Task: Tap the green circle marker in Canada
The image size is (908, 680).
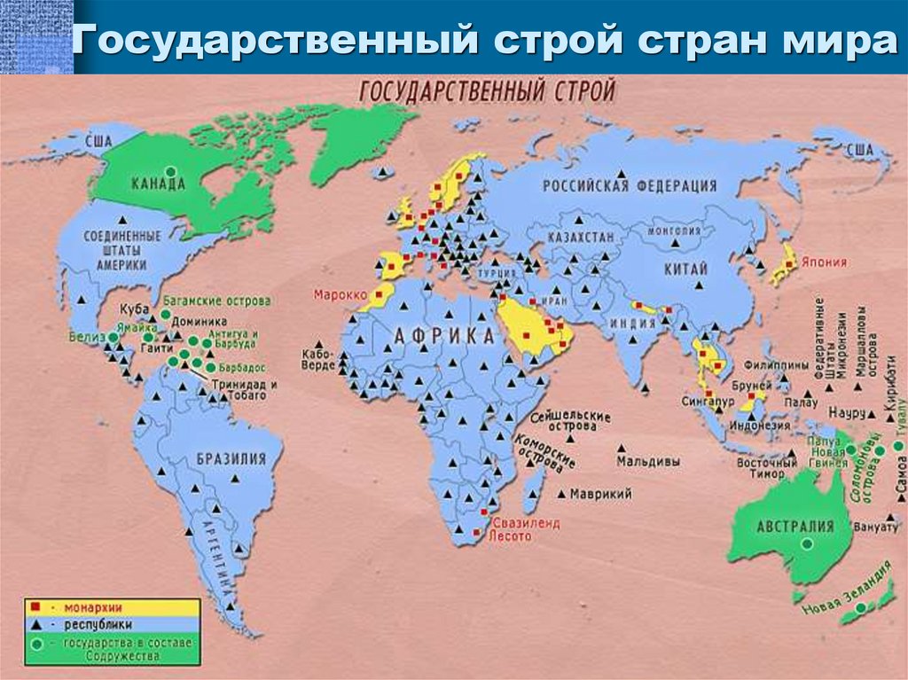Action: [171, 170]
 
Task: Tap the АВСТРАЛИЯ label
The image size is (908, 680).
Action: [795, 526]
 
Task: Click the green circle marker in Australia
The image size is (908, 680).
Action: [804, 547]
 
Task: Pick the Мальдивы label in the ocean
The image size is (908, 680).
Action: [649, 462]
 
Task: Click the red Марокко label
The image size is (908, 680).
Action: [337, 293]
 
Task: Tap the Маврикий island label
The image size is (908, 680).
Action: [600, 494]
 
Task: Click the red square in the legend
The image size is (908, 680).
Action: [35, 608]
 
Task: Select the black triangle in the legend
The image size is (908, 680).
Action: [35, 624]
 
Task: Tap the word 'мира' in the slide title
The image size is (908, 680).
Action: [846, 43]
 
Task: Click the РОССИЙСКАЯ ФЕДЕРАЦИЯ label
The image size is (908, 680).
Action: [630, 186]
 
